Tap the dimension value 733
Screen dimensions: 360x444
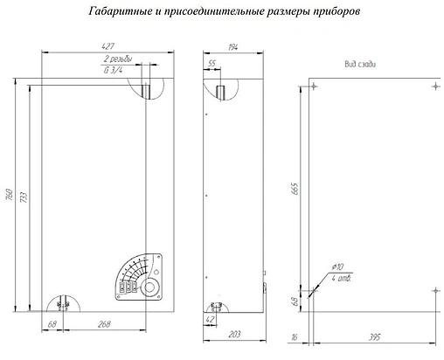coord(24,198)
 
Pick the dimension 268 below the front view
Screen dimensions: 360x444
coord(105,326)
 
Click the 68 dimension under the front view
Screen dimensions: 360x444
coord(53,326)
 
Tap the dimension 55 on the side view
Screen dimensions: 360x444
coord(212,64)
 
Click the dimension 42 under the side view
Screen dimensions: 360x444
coord(211,322)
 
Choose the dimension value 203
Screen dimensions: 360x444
coord(233,334)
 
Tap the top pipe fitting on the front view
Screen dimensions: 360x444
coord(147,90)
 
